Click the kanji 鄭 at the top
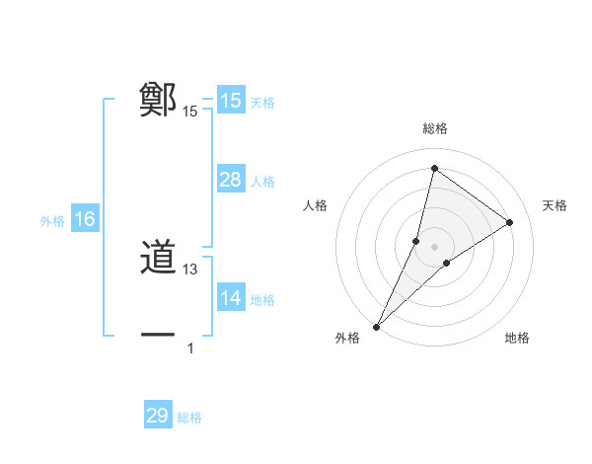point(158,100)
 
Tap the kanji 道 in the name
point(158,260)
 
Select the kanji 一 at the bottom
point(158,336)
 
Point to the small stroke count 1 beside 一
point(190,348)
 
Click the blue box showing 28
point(230,180)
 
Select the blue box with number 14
point(230,298)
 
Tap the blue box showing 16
point(84,220)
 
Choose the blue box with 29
point(157,416)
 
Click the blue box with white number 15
point(230,101)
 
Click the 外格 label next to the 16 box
point(52,221)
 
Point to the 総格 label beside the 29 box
point(189,418)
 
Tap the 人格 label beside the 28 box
point(262,182)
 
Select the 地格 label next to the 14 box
point(262,300)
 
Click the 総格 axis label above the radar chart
point(434,128)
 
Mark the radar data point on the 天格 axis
point(509,222)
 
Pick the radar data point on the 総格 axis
point(434,168)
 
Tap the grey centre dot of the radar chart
point(434,246)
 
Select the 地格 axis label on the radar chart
point(517,339)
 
